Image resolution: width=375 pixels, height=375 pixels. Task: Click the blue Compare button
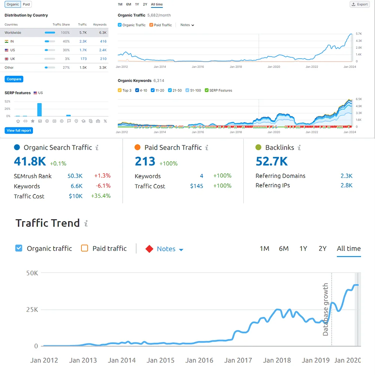pyautogui.click(x=14, y=79)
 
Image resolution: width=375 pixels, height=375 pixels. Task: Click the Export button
pyautogui.click(x=360, y=4)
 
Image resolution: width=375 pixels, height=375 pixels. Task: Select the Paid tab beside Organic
pyautogui.click(x=26, y=4)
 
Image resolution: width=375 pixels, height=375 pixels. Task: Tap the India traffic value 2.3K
pyautogui.click(x=83, y=41)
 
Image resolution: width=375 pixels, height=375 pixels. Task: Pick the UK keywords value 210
pyautogui.click(x=103, y=59)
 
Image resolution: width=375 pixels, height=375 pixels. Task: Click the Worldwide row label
pyautogui.click(x=13, y=33)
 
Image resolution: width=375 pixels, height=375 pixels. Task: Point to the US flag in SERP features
pyautogui.click(x=35, y=93)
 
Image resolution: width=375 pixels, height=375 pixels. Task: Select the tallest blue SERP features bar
pyautogui.click(x=39, y=109)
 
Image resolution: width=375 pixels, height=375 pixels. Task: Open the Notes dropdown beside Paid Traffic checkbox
pyautogui.click(x=187, y=25)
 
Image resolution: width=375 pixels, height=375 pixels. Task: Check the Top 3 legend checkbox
pyautogui.click(x=120, y=90)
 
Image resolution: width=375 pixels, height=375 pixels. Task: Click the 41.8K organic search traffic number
pyautogui.click(x=30, y=161)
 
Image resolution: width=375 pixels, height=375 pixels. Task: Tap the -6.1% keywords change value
pyautogui.click(x=103, y=186)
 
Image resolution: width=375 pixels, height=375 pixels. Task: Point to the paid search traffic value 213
pyautogui.click(x=145, y=162)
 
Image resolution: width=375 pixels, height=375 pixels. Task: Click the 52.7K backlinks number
pyautogui.click(x=271, y=161)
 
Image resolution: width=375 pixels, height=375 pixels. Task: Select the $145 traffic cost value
pyautogui.click(x=196, y=186)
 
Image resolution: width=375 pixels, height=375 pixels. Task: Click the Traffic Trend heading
pyautogui.click(x=48, y=223)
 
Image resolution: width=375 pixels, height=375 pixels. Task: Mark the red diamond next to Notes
pyautogui.click(x=149, y=249)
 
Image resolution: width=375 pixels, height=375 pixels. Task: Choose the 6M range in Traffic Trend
pyautogui.click(x=283, y=249)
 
